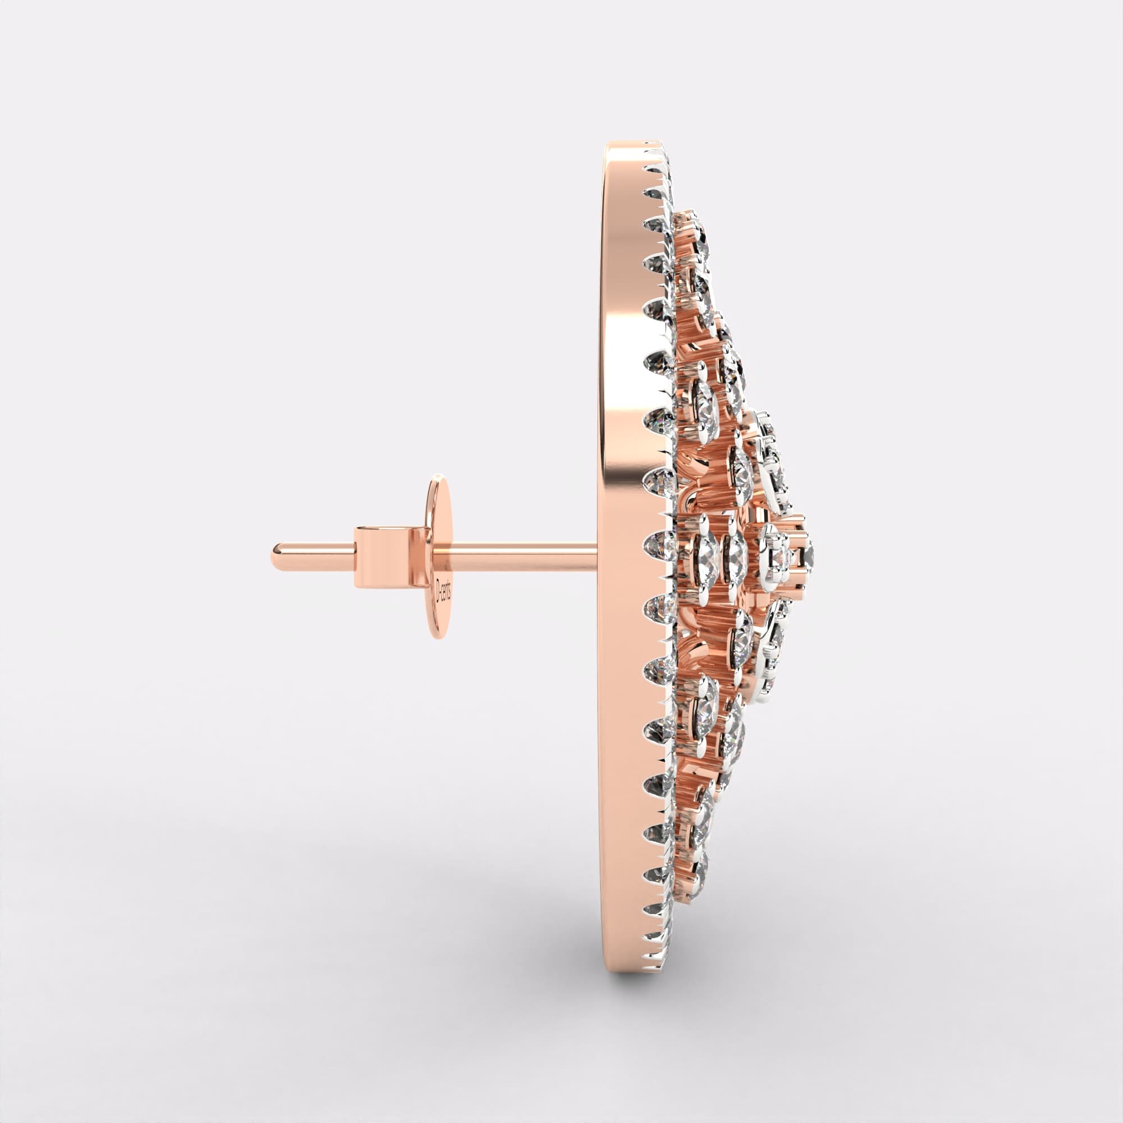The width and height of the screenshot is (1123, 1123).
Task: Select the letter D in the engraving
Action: (440, 581)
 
